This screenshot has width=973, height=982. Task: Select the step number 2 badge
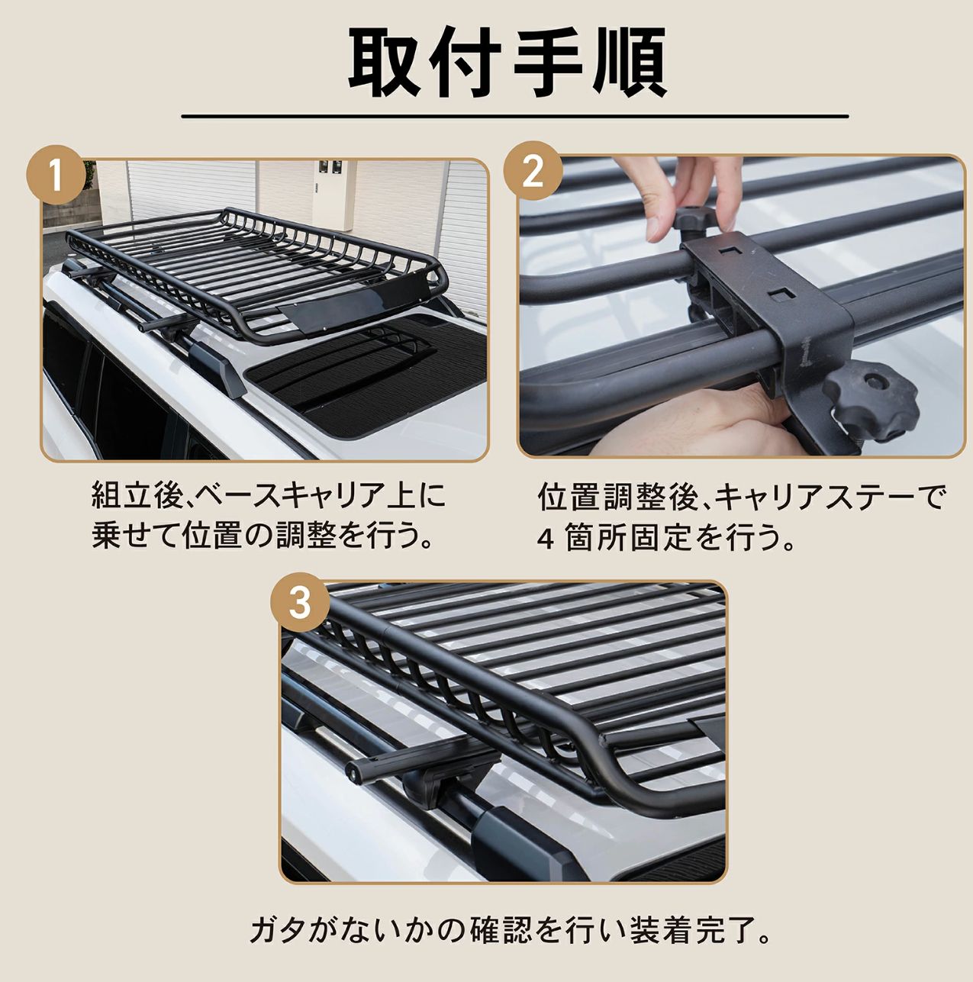(x=533, y=172)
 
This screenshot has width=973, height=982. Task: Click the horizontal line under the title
(x=515, y=116)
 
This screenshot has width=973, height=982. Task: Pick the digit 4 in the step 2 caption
(x=546, y=540)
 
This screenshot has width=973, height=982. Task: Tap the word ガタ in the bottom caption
(x=277, y=931)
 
